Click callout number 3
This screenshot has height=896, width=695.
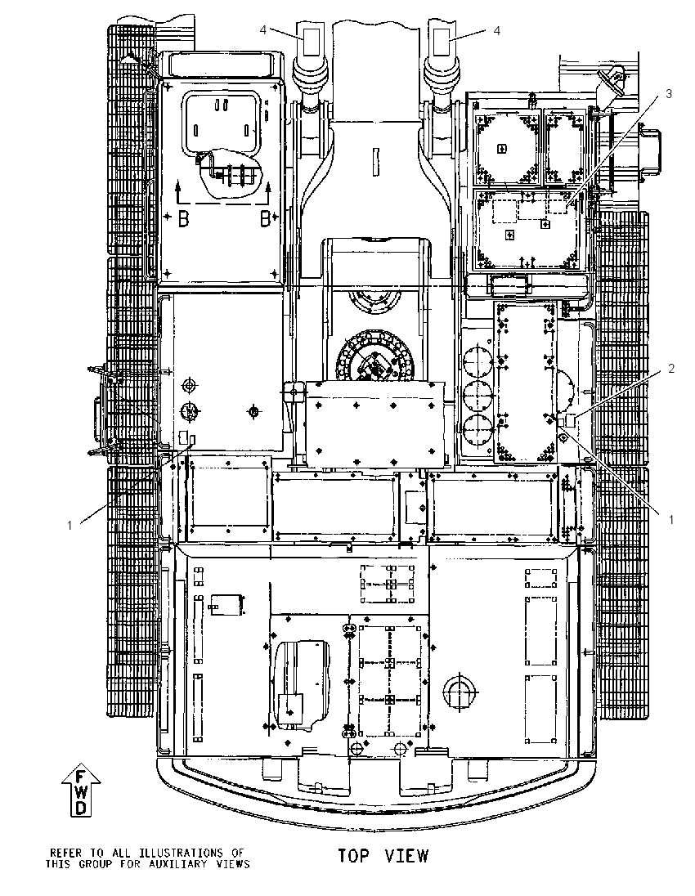[669, 94]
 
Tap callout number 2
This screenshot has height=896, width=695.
[671, 369]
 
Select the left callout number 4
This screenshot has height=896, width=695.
[263, 30]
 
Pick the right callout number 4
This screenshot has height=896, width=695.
[496, 30]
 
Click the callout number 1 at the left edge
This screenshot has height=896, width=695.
[69, 525]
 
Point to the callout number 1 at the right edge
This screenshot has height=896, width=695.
[671, 519]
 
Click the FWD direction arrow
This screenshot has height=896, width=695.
[81, 791]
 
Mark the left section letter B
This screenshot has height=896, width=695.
[183, 219]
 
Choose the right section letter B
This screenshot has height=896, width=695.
[265, 219]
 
